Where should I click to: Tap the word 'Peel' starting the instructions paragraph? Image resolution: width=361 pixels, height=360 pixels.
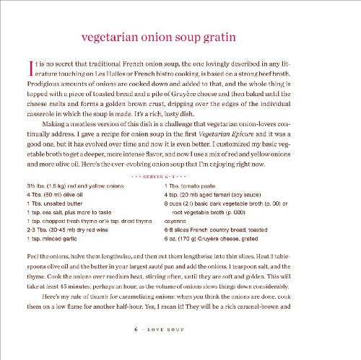point(29,268)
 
